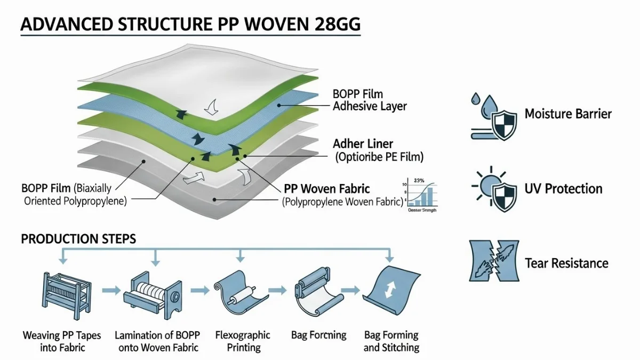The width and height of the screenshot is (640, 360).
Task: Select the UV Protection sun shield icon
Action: [x=492, y=188]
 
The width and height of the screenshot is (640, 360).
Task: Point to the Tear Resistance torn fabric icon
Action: [x=494, y=261]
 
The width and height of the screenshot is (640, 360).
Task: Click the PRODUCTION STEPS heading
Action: [x=78, y=239]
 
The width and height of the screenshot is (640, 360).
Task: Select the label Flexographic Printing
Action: [x=243, y=341]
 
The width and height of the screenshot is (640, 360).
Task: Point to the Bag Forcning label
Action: [x=318, y=335]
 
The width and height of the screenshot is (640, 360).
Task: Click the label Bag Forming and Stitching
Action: [x=391, y=341]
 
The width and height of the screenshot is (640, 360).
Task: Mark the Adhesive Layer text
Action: [x=370, y=106]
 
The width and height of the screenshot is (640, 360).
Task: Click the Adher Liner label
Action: [x=364, y=144]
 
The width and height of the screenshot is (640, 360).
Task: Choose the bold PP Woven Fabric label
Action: [x=327, y=188]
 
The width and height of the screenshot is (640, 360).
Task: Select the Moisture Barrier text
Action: [x=568, y=114]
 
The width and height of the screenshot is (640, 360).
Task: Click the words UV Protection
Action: [x=563, y=189]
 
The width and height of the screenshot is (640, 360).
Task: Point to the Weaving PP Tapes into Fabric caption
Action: [x=62, y=341]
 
